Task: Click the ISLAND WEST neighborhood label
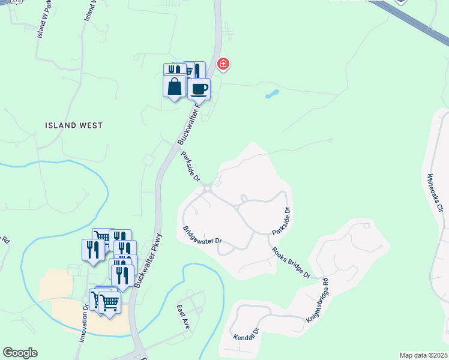pyautogui.click(x=74, y=125)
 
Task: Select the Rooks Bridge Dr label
pyautogui.click(x=290, y=262)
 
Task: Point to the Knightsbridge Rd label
pyautogui.click(x=318, y=299)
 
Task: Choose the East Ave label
pyautogui.click(x=183, y=316)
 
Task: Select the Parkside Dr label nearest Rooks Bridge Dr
pyautogui.click(x=281, y=221)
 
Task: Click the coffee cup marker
pyautogui.click(x=199, y=89)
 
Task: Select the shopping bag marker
pyautogui.click(x=174, y=86)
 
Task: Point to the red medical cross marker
pyautogui.click(x=223, y=64)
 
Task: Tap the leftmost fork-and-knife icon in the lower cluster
pyautogui.click(x=93, y=249)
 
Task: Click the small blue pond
pyautogui.click(x=272, y=94)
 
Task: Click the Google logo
pyautogui.click(x=20, y=353)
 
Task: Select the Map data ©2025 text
pyautogui.click(x=423, y=355)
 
